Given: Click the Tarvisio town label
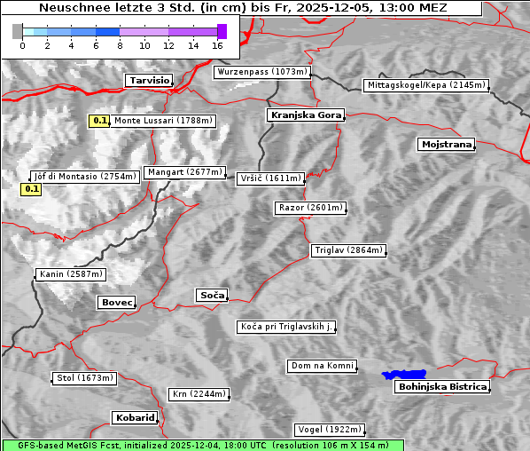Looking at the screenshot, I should pyautogui.click(x=149, y=80).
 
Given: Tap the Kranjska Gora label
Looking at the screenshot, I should pyautogui.click(x=304, y=115).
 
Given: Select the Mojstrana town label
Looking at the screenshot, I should pyautogui.click(x=447, y=144).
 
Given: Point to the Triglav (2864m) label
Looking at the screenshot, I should pyautogui.click(x=349, y=250).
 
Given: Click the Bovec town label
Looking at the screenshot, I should pyautogui.click(x=116, y=303).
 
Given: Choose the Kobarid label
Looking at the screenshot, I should pyautogui.click(x=135, y=417).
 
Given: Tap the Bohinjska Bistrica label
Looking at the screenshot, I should pyautogui.click(x=442, y=386).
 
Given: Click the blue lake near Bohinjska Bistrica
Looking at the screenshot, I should pyautogui.click(x=404, y=375).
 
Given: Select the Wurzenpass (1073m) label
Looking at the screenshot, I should pyautogui.click(x=262, y=72).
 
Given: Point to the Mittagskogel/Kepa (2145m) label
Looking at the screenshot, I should pyautogui.click(x=425, y=85).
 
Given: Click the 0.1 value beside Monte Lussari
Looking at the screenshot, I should pyautogui.click(x=100, y=120).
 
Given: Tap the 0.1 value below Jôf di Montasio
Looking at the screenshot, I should pyautogui.click(x=30, y=189).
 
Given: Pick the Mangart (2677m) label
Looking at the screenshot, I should pyautogui.click(x=185, y=172).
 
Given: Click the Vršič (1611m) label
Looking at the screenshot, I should pyautogui.click(x=271, y=178).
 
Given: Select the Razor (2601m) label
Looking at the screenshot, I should pyautogui.click(x=310, y=208).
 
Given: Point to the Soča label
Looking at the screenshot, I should pyautogui.click(x=212, y=295).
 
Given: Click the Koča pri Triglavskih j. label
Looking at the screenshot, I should pyautogui.click(x=287, y=327).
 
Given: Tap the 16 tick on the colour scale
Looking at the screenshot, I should pyautogui.click(x=217, y=44).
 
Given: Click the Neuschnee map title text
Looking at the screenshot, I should pyautogui.click(x=242, y=8).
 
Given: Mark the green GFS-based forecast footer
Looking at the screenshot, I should pyautogui.click(x=202, y=445).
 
